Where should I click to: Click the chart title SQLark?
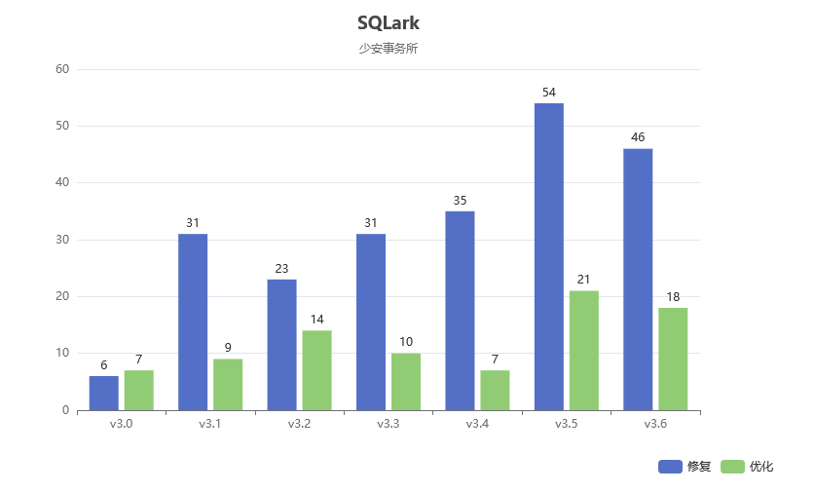389,22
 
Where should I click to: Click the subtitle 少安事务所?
389,49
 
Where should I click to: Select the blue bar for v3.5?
548,256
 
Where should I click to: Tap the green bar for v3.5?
584,350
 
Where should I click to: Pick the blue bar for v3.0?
104,393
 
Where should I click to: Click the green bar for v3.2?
316,370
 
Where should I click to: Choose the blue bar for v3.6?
638,279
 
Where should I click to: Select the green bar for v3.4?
495,390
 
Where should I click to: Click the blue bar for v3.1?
193,322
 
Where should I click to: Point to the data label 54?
548,93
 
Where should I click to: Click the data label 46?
638,137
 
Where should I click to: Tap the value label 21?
584,280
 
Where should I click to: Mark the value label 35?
460,201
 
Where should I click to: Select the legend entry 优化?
747,467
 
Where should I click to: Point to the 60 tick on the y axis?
62,69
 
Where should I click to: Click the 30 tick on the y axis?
62,240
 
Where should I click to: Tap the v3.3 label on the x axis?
388,424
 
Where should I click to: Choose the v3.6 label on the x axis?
655,424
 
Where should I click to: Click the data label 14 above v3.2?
316,320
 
